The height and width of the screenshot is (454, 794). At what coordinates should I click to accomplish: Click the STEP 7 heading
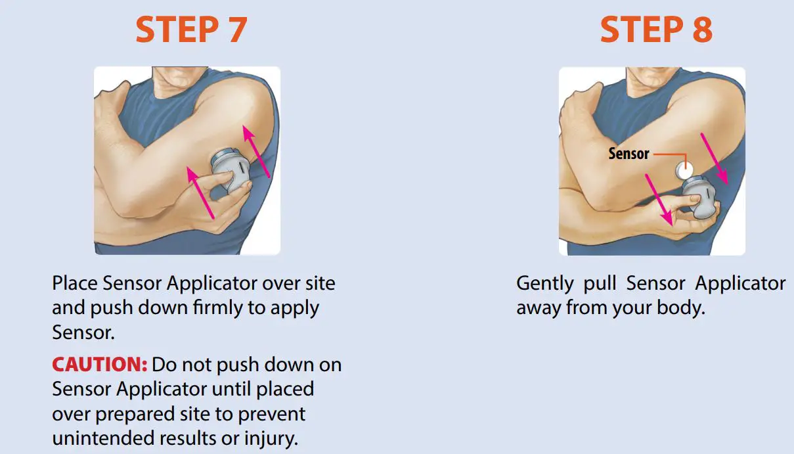[x=191, y=30]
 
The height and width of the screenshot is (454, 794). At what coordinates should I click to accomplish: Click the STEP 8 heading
[x=656, y=30]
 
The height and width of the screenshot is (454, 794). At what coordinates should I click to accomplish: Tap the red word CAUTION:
[x=99, y=365]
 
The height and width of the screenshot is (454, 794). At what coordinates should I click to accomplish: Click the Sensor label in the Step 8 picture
[x=629, y=154]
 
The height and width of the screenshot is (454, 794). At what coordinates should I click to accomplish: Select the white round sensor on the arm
[x=684, y=171]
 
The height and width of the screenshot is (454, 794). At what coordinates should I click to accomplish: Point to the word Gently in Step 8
[x=544, y=284]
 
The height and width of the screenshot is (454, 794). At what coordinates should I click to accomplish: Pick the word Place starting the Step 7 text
[x=75, y=284]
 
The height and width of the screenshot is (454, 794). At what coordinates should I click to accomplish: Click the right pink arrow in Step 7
[x=257, y=151]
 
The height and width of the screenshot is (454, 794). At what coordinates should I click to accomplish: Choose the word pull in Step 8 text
[x=600, y=284]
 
